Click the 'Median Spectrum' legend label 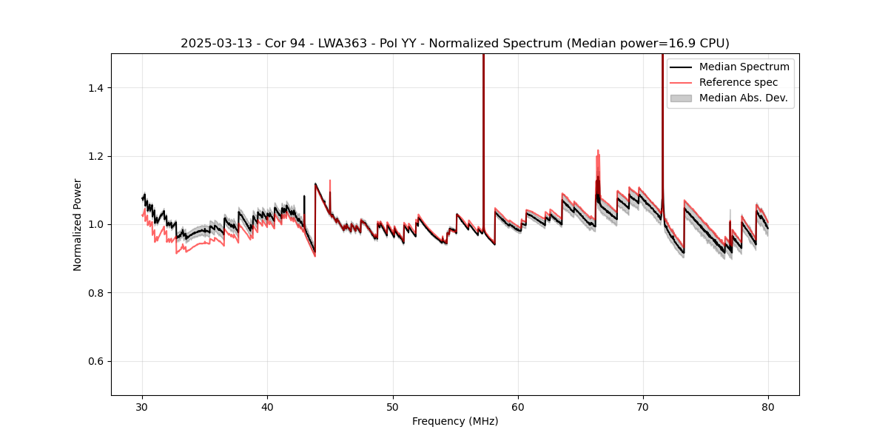744,67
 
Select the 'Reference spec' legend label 739,82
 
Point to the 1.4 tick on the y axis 96,88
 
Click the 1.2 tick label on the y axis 96,156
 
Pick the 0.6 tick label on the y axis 96,361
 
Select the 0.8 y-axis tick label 96,293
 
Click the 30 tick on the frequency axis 143,406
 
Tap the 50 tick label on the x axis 393,406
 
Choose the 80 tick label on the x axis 768,406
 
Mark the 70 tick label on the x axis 643,406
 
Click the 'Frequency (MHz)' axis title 455,421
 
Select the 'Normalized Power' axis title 78,224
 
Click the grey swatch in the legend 681,98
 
